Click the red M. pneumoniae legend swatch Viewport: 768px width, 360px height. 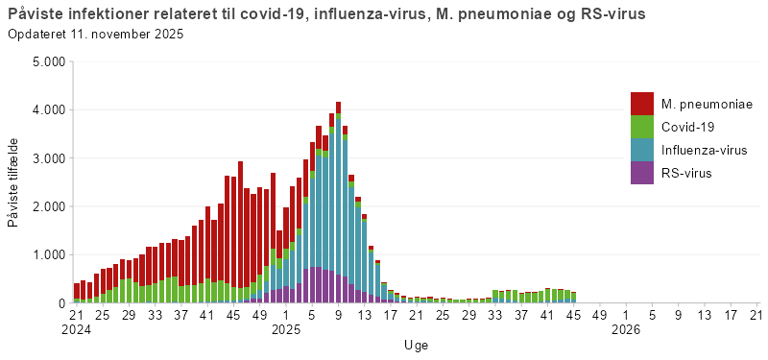click(642, 103)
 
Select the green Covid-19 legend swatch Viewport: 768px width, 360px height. click(642, 127)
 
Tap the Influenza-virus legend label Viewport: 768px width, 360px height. click(704, 150)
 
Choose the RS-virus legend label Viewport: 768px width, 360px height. click(686, 173)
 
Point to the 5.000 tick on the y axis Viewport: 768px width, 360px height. click(47, 61)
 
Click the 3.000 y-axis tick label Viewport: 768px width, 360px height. click(47, 158)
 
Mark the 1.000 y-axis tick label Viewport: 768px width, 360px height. click(47, 255)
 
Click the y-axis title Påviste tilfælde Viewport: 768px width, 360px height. click(12, 182)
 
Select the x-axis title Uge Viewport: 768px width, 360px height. click(416, 345)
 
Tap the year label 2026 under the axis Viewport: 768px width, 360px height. click(625, 329)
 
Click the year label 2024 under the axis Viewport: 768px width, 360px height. click(77, 329)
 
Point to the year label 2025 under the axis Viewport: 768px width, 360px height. click(286, 329)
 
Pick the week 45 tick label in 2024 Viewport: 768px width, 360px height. click(233, 313)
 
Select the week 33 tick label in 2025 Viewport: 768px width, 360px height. click(494, 313)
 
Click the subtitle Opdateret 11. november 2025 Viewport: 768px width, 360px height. click(95, 35)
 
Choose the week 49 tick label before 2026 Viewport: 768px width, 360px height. click(599, 313)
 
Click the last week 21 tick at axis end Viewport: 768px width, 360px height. click(756, 313)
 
